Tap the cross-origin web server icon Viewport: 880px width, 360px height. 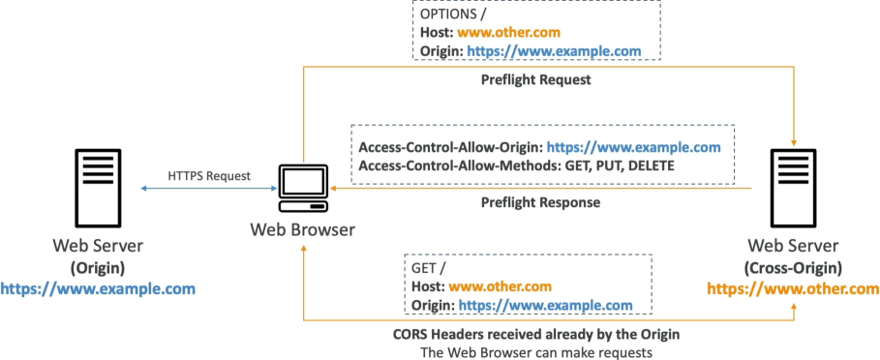click(794, 188)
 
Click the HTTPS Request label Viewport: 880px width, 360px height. click(209, 176)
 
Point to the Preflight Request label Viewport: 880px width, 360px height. click(536, 80)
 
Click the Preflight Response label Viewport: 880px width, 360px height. click(540, 202)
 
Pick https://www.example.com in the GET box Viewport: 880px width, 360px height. click(545, 306)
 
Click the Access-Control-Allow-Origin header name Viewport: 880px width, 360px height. click(451, 148)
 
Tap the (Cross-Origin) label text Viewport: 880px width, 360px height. click(793, 268)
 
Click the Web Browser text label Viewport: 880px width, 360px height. click(302, 230)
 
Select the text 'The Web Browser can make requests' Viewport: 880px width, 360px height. click(535, 352)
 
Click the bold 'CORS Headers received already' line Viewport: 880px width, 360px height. click(536, 335)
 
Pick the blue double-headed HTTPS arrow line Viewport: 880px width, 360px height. click(208, 189)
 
